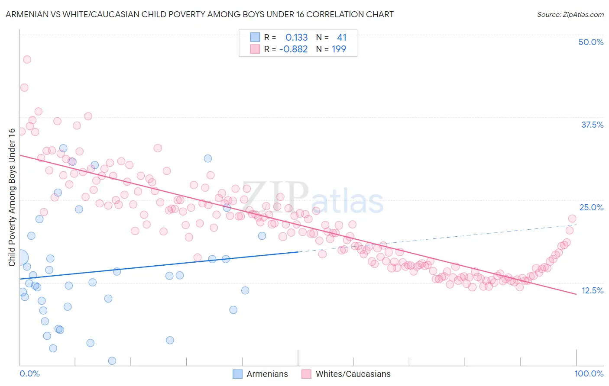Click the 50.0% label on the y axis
click(x=591, y=42)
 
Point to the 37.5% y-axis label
click(x=592, y=125)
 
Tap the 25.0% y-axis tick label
click(x=591, y=207)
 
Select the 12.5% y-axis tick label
click(x=592, y=290)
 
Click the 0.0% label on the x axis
click(x=29, y=373)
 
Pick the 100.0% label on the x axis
click(x=589, y=373)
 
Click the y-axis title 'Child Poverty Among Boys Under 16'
click(x=12, y=197)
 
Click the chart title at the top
click(x=199, y=14)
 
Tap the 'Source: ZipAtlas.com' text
click(x=570, y=14)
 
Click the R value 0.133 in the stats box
click(x=296, y=38)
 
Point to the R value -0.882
click(x=293, y=49)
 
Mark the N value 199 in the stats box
click(x=339, y=49)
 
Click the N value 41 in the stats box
click(x=342, y=38)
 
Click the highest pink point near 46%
click(x=27, y=60)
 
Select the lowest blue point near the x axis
click(x=112, y=360)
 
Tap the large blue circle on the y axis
click(x=19, y=257)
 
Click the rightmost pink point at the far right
click(x=572, y=219)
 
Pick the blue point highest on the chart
click(x=63, y=148)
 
